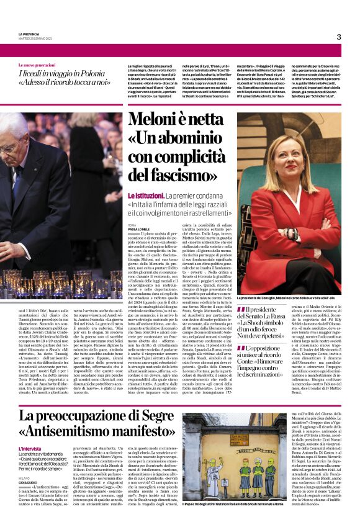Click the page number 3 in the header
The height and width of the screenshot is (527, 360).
point(338,37)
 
